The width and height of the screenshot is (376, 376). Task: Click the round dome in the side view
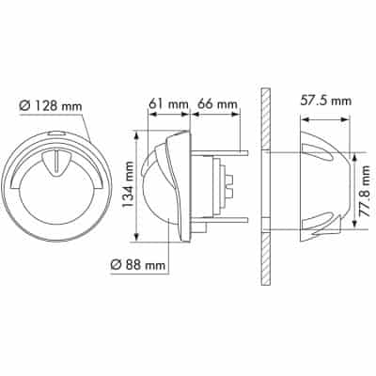155,188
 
